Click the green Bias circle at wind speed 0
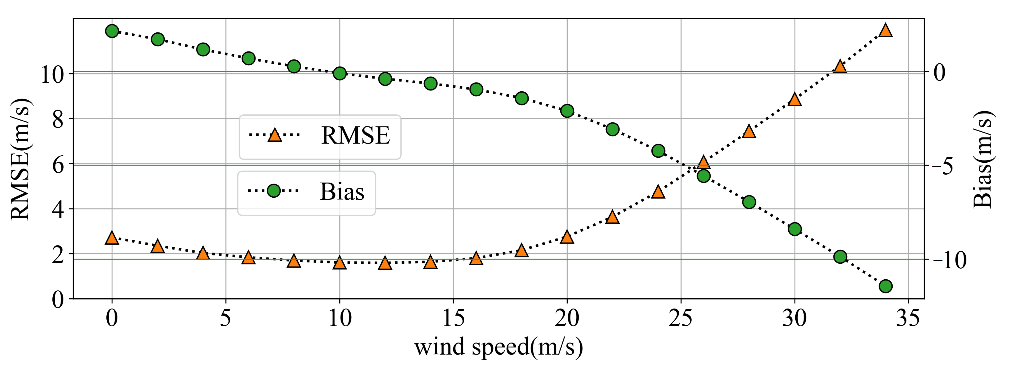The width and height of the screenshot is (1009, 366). (x=112, y=31)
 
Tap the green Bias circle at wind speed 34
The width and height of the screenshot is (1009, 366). (x=886, y=286)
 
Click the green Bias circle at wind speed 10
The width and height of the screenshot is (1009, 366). (x=340, y=73)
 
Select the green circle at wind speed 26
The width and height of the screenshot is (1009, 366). (x=704, y=176)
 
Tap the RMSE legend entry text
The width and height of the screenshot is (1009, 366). (x=355, y=135)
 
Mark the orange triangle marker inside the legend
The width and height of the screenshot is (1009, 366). (x=275, y=135)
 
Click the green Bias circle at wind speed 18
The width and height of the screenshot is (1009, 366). (x=522, y=98)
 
